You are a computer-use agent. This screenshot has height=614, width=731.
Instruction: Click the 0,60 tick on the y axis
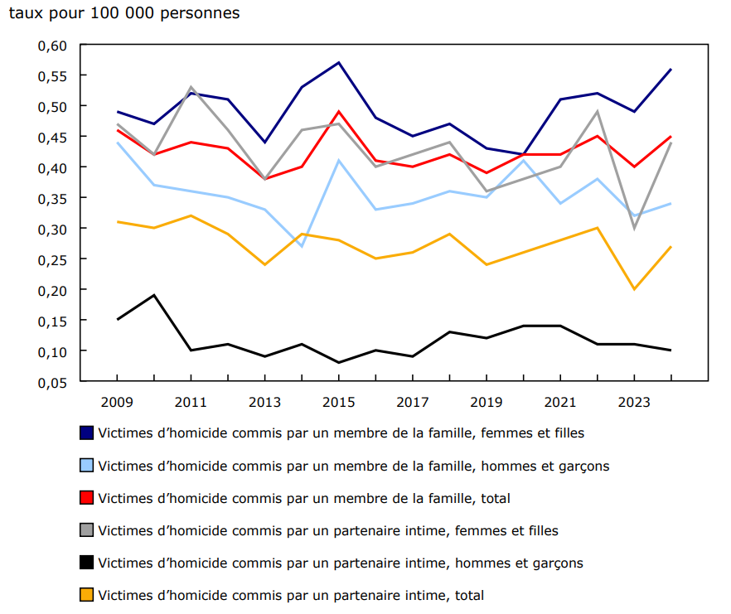51,45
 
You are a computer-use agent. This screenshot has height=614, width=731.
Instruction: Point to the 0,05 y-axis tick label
51,382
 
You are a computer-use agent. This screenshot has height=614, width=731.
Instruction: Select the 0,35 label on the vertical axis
51,198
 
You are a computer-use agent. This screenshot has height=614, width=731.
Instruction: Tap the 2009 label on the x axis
118,402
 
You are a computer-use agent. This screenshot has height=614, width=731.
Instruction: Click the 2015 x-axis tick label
339,402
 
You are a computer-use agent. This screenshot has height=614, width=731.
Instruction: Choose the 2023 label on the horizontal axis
634,402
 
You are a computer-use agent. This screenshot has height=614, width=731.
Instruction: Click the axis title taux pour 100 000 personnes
124,14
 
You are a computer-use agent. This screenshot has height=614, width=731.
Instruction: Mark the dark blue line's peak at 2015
339,63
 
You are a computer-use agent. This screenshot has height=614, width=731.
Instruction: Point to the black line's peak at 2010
154,295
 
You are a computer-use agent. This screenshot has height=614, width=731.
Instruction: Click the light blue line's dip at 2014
302,246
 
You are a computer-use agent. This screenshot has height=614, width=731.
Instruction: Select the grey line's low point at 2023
634,228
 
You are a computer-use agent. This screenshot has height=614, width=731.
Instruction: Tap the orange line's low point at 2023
634,289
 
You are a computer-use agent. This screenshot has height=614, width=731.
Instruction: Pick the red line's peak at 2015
339,111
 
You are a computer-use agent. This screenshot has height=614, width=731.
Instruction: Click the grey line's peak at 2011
191,87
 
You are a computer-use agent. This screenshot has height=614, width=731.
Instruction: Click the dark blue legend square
86,433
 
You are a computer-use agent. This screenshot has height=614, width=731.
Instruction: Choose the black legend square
86,563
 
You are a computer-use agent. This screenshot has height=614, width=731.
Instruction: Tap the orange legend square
86,595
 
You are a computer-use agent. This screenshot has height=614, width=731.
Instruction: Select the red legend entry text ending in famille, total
303,498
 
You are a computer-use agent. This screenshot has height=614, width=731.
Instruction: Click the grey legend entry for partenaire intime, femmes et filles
327,530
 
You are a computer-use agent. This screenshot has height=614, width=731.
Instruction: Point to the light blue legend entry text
353,466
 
